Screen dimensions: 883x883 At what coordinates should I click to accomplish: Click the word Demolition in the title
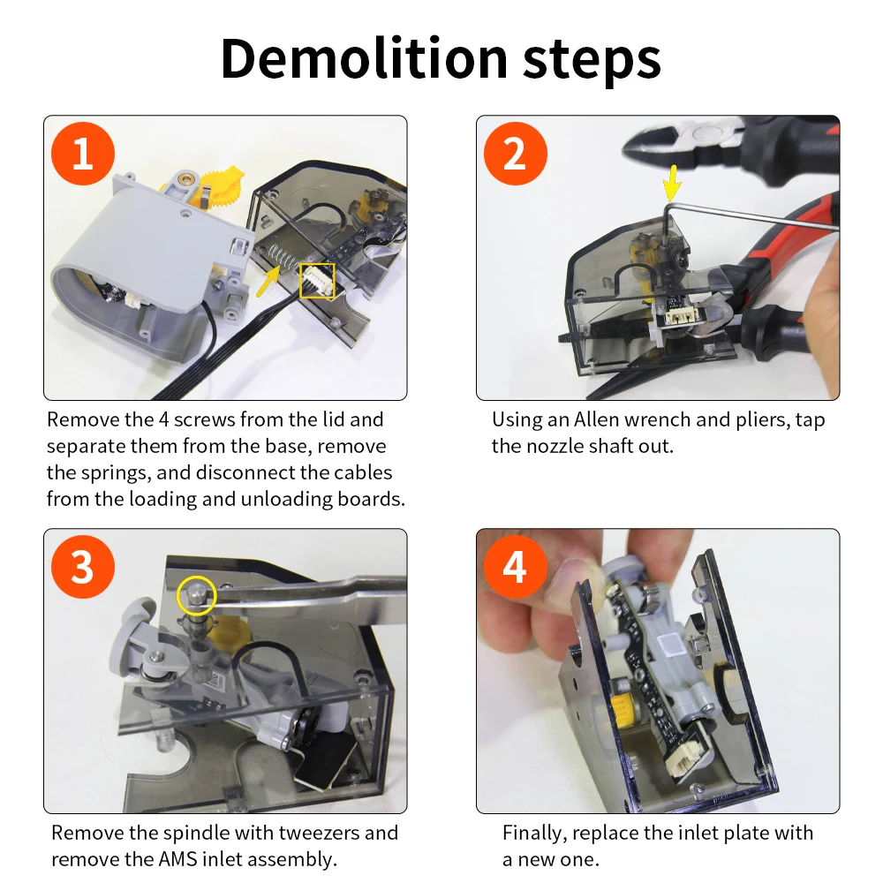(365, 58)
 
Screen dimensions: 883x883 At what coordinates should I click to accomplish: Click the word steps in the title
(592, 61)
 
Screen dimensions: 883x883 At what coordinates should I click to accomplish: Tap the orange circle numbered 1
(83, 153)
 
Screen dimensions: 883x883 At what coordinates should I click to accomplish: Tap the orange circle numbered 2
(516, 153)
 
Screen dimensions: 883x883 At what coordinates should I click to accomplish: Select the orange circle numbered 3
(83, 567)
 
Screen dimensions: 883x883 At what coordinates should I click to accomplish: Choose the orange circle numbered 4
(516, 567)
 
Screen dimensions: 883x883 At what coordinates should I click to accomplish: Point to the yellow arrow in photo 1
(268, 281)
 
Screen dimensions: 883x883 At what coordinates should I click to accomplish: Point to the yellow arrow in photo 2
(671, 183)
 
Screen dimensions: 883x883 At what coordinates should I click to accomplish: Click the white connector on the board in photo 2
(682, 317)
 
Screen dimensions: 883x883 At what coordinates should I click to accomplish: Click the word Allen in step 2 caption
(596, 419)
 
